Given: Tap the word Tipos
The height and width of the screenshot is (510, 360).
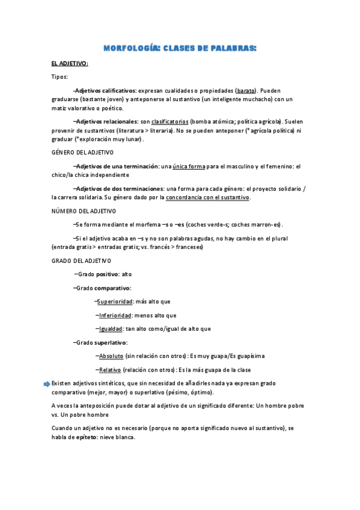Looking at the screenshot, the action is (x=59, y=76).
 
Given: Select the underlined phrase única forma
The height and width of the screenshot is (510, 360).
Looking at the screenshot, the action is (x=189, y=165).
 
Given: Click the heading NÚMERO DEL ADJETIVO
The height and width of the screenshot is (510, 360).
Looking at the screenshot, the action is (x=84, y=211).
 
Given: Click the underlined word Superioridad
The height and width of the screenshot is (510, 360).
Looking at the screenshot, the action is (x=115, y=301).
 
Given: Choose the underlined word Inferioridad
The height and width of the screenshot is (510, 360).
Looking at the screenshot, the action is (x=115, y=315).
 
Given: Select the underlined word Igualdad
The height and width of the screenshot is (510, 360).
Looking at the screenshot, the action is (x=111, y=329).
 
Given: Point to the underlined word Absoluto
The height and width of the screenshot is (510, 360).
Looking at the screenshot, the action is (x=111, y=356).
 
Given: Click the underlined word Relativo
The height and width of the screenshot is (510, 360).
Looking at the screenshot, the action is (x=110, y=369).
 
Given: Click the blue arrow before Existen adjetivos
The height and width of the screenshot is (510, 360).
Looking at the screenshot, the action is (x=47, y=383).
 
